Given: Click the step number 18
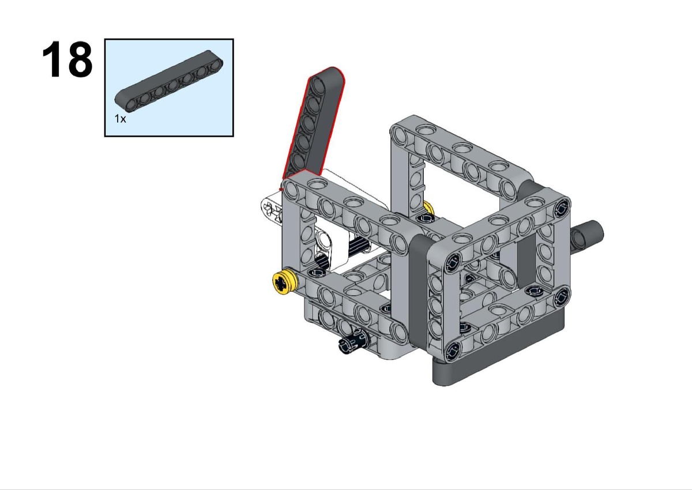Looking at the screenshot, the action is click(67, 59).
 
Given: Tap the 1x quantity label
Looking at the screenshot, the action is click(120, 119).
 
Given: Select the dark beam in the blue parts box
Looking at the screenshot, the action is click(169, 81).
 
